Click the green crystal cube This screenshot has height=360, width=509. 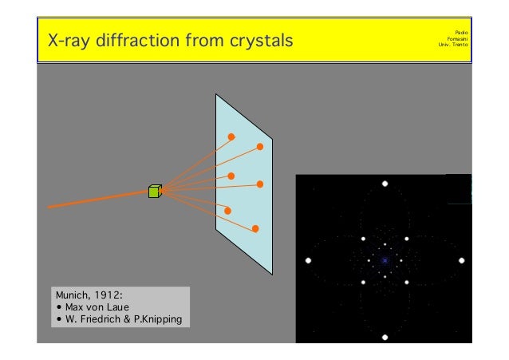155,191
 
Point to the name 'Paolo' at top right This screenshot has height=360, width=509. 460,31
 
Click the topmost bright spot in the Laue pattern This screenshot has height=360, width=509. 385,184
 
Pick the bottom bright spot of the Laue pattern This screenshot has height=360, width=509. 385,337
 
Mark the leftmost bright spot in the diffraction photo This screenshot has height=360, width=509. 308,260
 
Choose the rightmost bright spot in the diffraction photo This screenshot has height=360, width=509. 462,260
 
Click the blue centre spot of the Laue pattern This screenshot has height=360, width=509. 385,260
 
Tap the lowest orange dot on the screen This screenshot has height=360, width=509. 255,229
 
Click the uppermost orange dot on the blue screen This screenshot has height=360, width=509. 231,136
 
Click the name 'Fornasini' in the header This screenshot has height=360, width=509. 457,38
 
